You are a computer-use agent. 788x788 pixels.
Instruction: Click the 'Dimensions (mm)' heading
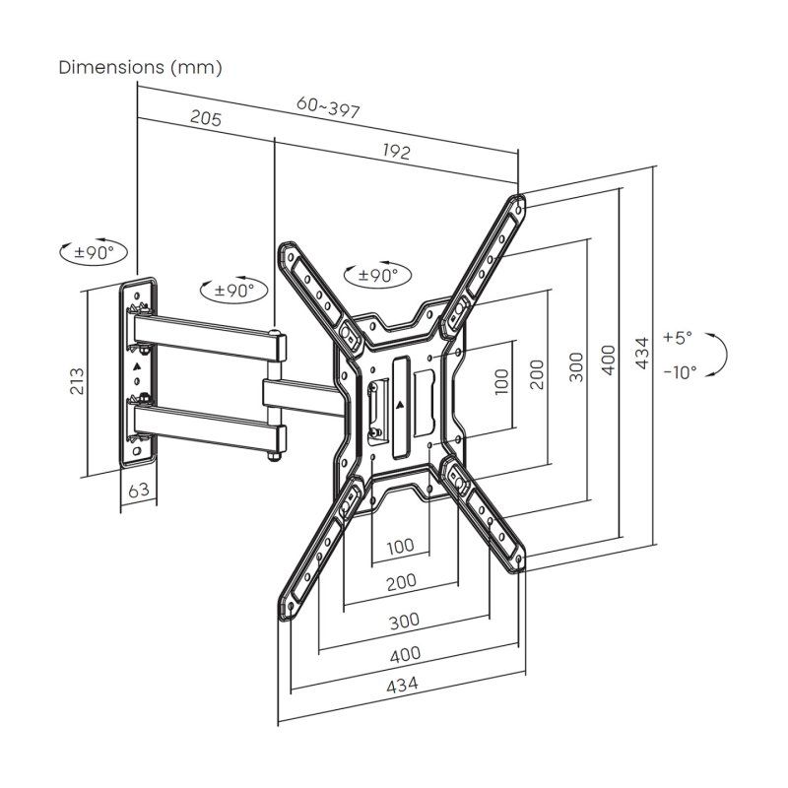tap(141, 68)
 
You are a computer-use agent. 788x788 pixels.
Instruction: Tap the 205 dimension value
tap(205, 119)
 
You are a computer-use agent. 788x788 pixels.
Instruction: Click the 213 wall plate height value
tap(78, 380)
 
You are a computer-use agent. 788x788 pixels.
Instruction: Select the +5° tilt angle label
tap(678, 337)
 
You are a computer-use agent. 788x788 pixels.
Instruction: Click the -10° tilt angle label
tap(679, 371)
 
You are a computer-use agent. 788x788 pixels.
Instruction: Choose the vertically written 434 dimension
tap(642, 354)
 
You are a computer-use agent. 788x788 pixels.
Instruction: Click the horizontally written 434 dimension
tap(400, 684)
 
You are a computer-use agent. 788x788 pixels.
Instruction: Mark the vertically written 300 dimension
tap(576, 365)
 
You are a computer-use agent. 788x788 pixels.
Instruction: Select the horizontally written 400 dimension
tap(404, 653)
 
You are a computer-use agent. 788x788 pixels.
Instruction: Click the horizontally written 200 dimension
tap(400, 582)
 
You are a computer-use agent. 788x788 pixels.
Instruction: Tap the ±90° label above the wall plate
tap(95, 252)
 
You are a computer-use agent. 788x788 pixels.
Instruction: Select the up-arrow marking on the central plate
tap(400, 403)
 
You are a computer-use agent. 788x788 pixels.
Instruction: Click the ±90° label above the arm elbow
tap(233, 291)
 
